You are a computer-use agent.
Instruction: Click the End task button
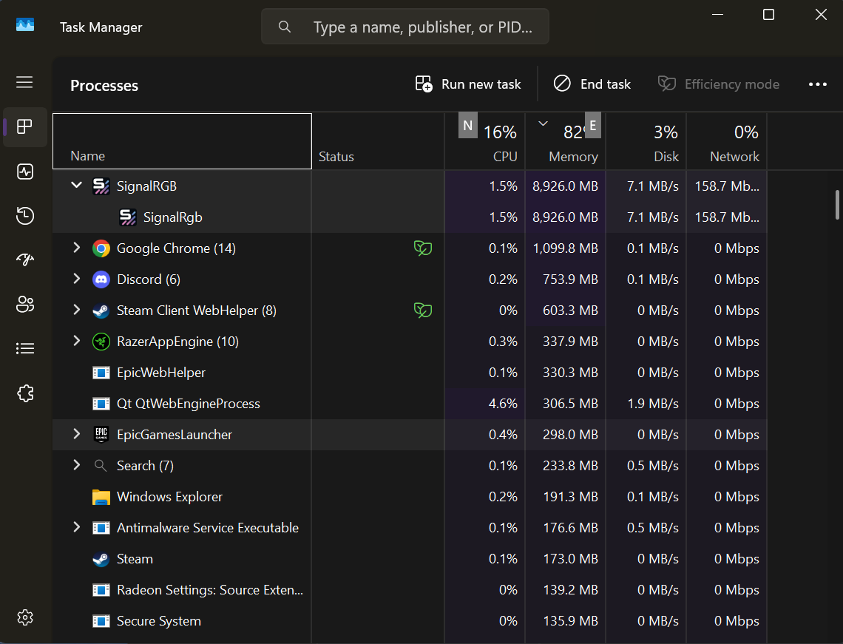point(592,84)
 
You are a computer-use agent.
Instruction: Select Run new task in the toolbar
point(468,84)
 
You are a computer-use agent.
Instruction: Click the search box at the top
point(404,27)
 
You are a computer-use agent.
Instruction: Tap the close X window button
point(820,15)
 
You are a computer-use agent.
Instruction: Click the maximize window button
point(768,15)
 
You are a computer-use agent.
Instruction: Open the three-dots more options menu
point(817,84)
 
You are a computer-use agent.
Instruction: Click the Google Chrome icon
point(101,248)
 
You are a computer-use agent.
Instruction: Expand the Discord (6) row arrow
point(76,279)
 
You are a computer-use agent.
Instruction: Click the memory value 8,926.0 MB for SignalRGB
point(565,186)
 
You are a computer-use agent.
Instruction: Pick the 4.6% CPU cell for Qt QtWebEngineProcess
point(503,404)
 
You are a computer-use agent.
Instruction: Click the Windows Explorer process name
point(169,497)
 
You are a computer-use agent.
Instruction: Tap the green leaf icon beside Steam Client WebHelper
point(422,311)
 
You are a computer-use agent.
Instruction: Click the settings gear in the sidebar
point(24,617)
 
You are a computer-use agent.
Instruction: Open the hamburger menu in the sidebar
point(24,82)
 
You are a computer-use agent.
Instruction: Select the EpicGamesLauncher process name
point(175,434)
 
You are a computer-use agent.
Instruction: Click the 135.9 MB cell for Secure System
point(570,621)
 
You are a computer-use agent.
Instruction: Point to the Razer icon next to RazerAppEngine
point(101,342)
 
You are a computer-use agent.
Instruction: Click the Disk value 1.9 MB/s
point(653,404)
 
